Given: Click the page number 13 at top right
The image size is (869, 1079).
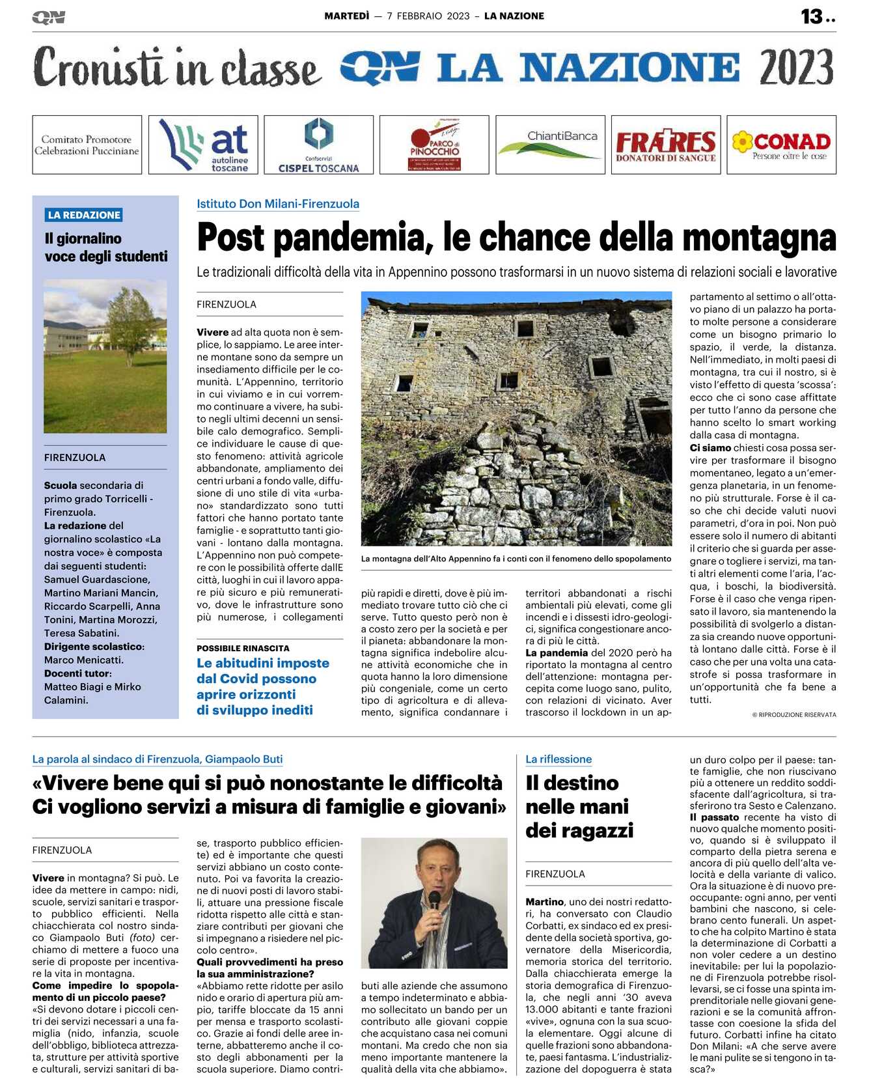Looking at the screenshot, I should [812, 16].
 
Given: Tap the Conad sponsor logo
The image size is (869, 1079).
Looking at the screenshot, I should [781, 145].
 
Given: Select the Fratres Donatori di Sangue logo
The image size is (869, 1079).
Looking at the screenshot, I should [665, 145].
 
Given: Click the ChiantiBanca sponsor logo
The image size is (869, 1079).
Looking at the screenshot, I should [550, 145].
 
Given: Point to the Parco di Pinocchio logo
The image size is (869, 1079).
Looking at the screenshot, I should [434, 145].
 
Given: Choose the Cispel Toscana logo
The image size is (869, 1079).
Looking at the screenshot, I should [318, 145].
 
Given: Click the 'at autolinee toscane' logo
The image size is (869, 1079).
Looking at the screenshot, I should [203, 145].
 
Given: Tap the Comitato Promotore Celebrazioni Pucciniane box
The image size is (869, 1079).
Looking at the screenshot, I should [87, 145].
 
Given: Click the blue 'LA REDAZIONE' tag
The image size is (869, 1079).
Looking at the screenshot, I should [84, 215].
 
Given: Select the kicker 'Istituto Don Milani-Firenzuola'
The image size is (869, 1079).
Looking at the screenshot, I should [278, 204].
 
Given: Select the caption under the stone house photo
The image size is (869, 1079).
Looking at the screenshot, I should [516, 559].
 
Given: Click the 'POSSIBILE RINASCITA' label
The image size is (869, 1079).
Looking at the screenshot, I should [243, 649].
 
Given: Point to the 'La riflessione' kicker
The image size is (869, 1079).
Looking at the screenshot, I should [559, 759].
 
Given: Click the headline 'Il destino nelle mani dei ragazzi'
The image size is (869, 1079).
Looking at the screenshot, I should [579, 806].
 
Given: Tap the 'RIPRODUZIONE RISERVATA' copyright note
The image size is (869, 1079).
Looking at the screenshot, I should [794, 715].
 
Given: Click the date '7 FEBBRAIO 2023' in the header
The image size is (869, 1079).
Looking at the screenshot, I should [428, 16].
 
